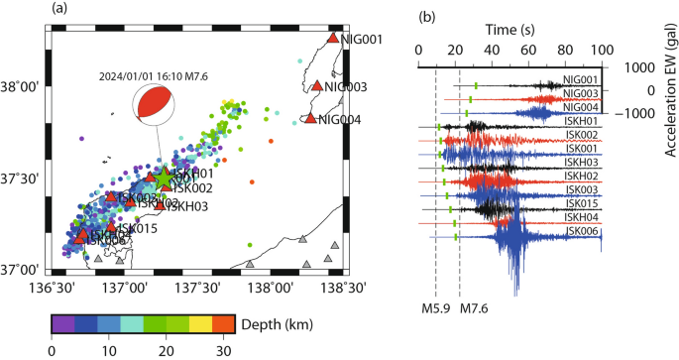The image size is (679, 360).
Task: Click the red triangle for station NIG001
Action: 333,39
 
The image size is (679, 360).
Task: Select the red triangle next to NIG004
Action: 310,119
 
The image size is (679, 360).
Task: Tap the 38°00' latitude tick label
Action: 21,87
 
